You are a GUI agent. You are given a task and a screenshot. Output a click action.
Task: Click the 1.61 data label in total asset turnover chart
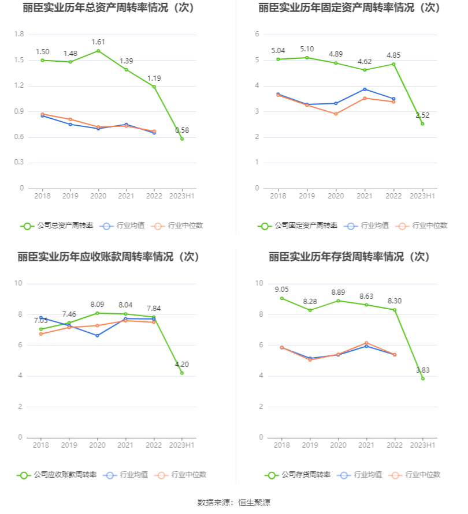point(98,42)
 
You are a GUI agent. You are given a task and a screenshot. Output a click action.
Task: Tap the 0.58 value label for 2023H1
point(182,130)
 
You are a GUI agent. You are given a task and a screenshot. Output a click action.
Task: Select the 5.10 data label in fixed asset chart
point(306,49)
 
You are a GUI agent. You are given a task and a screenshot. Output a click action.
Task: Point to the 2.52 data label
point(422,115)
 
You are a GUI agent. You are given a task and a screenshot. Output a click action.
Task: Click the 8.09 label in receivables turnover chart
point(98,304)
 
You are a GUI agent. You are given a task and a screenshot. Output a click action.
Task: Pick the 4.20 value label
point(182,364)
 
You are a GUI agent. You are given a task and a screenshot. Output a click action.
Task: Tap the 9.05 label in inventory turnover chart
point(282,290)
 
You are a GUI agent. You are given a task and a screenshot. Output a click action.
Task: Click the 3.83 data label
point(422,370)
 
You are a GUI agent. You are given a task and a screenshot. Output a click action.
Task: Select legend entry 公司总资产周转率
point(57,226)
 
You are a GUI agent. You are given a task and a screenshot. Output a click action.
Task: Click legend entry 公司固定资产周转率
point(297,226)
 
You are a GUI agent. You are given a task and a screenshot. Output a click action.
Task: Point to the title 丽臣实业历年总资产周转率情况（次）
point(109,8)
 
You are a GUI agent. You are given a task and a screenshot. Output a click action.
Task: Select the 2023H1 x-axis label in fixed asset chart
point(422,196)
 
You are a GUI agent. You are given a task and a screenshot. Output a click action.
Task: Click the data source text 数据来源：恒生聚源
point(234,502)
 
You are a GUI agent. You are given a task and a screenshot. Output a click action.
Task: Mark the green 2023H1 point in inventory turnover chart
point(422,378)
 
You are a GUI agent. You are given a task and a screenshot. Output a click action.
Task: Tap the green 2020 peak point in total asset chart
point(98,51)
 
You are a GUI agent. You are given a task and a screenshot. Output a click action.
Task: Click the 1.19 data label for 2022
point(154,78)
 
